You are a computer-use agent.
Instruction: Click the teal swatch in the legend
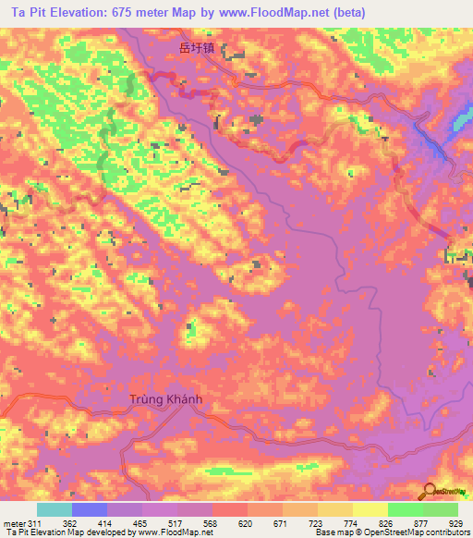coord(55,510)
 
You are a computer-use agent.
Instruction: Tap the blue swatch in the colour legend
coord(90,510)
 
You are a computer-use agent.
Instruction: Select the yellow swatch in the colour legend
coord(370,510)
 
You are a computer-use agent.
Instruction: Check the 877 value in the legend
coord(428,522)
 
